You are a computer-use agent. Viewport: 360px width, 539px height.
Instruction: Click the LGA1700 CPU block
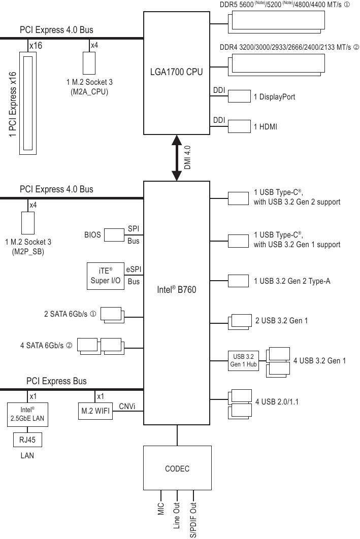176,72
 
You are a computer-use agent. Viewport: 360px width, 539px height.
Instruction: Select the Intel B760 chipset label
176,290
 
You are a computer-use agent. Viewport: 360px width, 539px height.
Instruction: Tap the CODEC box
177,468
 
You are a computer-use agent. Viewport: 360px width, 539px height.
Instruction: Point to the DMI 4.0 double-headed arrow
177,157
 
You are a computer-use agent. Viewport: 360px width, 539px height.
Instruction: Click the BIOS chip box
114,235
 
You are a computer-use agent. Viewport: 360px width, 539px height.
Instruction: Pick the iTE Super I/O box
106,276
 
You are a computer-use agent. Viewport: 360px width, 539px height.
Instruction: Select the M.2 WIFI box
95,411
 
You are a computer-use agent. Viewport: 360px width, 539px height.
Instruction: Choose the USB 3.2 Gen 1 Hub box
244,360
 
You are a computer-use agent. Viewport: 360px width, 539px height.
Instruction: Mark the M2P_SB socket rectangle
28,223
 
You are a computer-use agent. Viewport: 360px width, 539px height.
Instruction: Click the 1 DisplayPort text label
274,96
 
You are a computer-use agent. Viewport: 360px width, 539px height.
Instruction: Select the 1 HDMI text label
266,126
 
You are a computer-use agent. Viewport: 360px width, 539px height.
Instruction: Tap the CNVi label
127,407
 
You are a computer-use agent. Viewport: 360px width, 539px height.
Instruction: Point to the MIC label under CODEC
161,509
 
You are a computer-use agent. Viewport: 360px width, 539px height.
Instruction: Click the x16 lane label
36,46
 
